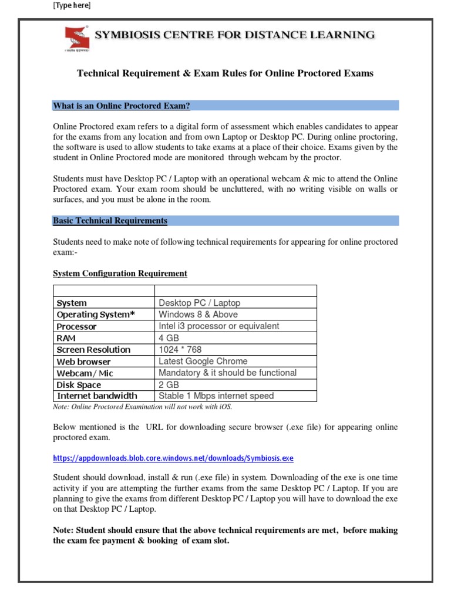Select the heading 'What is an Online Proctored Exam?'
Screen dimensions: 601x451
[x=122, y=106]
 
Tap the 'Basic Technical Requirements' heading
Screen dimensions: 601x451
[x=110, y=221]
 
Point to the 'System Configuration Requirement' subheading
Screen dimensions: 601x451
[x=120, y=274]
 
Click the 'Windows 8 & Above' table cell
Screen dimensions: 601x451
[x=198, y=315]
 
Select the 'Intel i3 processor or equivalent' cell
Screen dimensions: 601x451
[x=218, y=326]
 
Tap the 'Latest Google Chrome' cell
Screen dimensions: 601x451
[x=203, y=361]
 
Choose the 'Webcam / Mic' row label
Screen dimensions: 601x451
[x=85, y=373]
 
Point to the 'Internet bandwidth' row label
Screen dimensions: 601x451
[x=96, y=396]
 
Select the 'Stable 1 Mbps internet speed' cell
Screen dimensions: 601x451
[x=216, y=396]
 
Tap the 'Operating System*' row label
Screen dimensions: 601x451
[x=95, y=315]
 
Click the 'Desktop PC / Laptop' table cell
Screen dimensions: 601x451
[x=199, y=303]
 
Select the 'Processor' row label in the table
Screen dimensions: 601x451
[x=76, y=326]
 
